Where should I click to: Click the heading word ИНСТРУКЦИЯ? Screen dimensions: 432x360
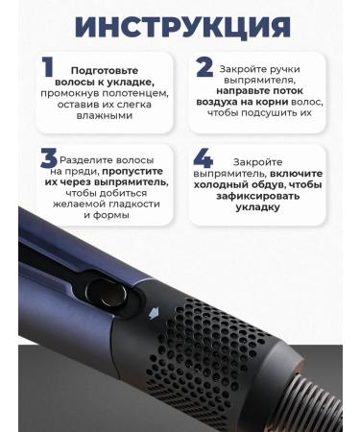180,26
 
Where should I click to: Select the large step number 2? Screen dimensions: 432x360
204,69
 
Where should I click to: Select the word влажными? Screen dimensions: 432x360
107,116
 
